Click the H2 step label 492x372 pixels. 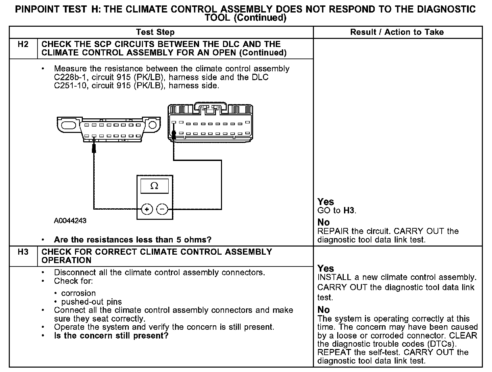[23, 44]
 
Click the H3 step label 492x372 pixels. [23, 252]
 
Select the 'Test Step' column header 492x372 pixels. [155, 32]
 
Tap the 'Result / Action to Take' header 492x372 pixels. [397, 32]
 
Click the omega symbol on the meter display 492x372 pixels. [154, 186]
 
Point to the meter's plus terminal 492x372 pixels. [147, 209]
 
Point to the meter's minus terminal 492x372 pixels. [163, 209]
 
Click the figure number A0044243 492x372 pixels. [70, 221]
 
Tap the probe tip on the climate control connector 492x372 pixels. [174, 135]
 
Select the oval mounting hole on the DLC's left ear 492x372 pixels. [69, 124]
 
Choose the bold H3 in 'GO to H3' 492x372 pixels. [349, 211]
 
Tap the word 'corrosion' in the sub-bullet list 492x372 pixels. [78, 293]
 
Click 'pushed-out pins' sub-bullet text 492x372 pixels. [92, 302]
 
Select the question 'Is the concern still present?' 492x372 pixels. [111, 336]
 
